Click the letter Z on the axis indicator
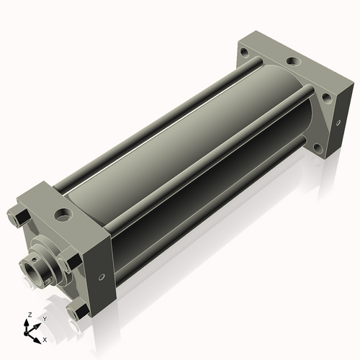pos(30,315)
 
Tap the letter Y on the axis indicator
pos(45,319)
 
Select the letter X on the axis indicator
pos(45,340)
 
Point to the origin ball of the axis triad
pos(26,333)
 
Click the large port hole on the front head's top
pos(63,214)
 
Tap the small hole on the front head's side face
pos(102,277)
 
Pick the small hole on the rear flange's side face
pos(338,123)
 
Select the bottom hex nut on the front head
pos(77,311)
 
